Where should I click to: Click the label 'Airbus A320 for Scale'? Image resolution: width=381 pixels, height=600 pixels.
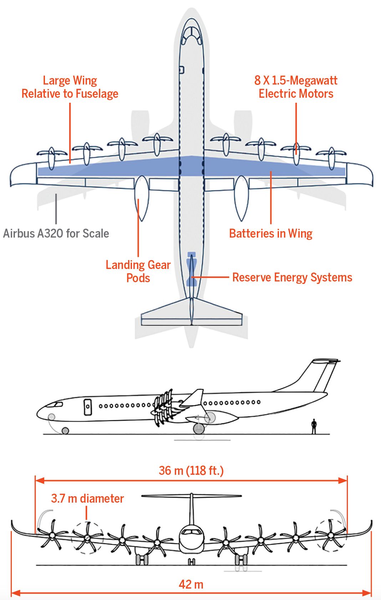pyautogui.click(x=56, y=234)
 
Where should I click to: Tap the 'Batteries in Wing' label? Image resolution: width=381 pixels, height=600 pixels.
pyautogui.click(x=270, y=234)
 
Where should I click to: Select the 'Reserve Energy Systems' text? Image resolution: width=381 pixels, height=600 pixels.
pyautogui.click(x=292, y=278)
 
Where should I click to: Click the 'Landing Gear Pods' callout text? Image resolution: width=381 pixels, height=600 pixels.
pyautogui.click(x=138, y=271)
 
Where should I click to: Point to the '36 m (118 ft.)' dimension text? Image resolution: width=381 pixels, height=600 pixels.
pyautogui.click(x=191, y=471)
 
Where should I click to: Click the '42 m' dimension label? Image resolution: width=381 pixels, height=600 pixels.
pyautogui.click(x=191, y=584)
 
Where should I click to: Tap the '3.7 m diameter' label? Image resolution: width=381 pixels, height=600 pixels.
pyautogui.click(x=87, y=498)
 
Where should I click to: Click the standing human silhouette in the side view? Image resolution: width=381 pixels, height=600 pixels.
pyautogui.click(x=314, y=426)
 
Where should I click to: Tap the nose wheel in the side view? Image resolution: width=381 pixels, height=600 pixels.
pyautogui.click(x=65, y=431)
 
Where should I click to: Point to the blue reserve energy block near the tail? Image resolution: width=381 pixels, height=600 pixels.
pyautogui.click(x=192, y=269)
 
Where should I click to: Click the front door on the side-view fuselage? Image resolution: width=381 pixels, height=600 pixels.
pyautogui.click(x=88, y=407)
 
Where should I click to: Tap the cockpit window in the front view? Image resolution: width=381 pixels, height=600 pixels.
pyautogui.click(x=191, y=532)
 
